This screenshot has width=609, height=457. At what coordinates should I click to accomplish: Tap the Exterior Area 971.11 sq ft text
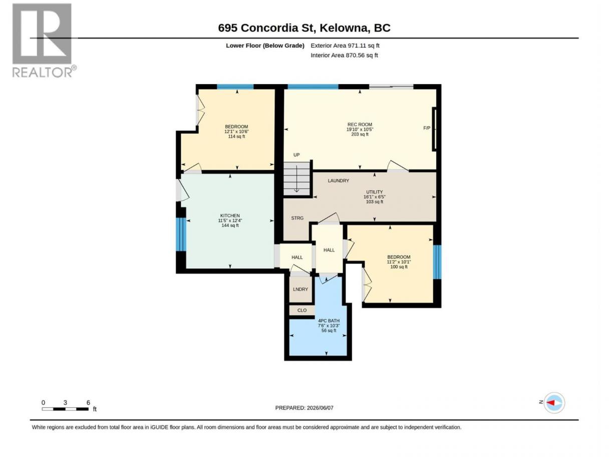345,46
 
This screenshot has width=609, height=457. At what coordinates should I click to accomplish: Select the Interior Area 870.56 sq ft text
344,55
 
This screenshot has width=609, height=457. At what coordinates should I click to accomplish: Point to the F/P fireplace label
426,128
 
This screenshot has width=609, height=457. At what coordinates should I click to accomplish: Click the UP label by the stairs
296,155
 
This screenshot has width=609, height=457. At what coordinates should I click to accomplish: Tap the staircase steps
296,179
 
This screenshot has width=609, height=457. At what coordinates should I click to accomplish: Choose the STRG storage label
297,218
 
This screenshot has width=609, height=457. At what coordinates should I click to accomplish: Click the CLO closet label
302,310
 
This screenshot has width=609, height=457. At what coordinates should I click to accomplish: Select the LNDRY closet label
300,289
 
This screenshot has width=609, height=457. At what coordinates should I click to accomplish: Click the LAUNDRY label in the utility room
339,180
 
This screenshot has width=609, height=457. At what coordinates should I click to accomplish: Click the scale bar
65,409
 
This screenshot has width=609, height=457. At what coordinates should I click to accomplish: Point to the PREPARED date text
304,408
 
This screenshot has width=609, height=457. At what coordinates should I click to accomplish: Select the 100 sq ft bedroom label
399,267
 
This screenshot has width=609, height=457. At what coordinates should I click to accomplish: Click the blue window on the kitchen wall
181,235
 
